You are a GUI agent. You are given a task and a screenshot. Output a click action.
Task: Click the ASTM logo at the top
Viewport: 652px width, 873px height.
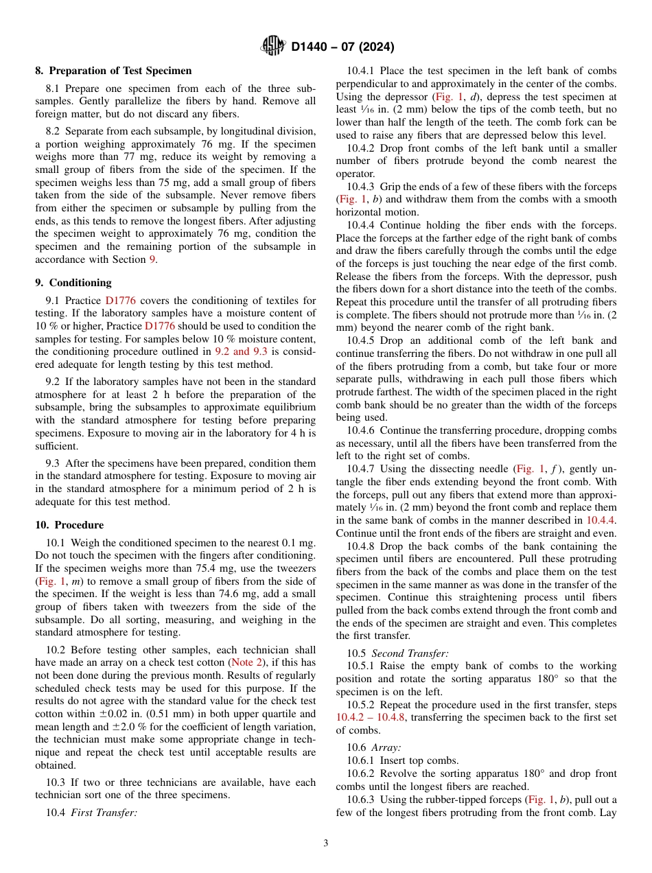(273, 47)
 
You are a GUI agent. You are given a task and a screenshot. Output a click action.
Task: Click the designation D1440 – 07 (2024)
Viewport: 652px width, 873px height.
(342, 47)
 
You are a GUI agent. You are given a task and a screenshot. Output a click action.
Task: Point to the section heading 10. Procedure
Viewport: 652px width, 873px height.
(69, 525)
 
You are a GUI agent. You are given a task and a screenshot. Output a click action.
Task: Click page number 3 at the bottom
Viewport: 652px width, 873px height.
(325, 843)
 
